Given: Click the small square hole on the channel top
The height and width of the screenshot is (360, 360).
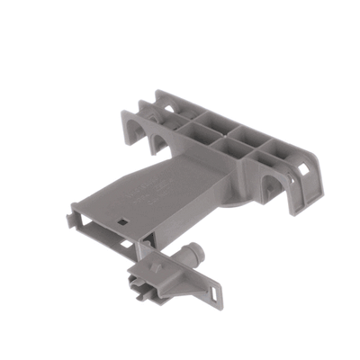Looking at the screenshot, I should coord(120,218).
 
